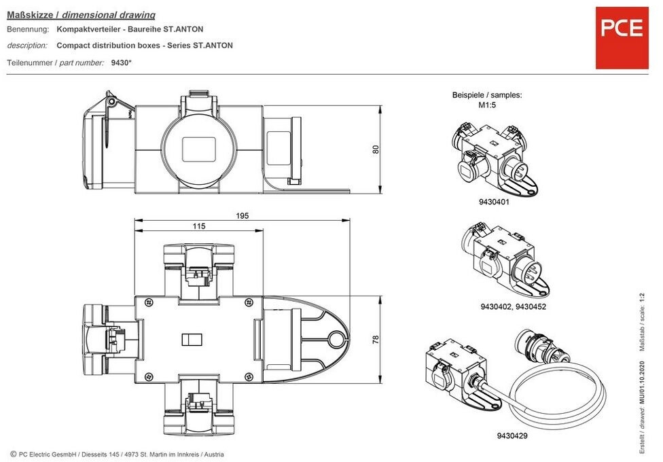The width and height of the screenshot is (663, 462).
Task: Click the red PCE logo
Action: tap(622, 37)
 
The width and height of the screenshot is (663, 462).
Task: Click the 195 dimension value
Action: tap(242, 216)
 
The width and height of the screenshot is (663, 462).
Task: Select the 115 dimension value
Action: tap(199, 226)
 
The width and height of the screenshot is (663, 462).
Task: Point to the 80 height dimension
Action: tap(376, 149)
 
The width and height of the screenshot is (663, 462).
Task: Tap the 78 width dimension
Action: tap(376, 339)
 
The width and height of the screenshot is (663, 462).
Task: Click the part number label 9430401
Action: tap(494, 202)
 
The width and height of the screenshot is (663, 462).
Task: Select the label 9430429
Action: tap(512, 436)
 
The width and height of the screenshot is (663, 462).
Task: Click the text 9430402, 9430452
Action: tap(513, 306)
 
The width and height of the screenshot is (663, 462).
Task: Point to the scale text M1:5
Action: tap(487, 105)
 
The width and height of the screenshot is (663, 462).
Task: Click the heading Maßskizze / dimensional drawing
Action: tap(82, 15)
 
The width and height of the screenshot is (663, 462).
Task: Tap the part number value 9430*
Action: tap(122, 63)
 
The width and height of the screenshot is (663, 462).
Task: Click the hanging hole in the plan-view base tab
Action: tap(336, 338)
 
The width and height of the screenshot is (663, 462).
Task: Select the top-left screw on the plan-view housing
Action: tap(148, 302)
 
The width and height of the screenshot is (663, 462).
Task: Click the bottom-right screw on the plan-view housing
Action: tap(249, 376)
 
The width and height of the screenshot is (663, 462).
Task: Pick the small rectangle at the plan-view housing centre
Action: tap(192, 339)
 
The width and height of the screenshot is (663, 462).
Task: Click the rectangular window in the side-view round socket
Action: tap(199, 149)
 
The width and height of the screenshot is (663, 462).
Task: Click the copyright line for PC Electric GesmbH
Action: tap(117, 454)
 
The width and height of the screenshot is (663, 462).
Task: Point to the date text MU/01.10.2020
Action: tap(643, 383)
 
